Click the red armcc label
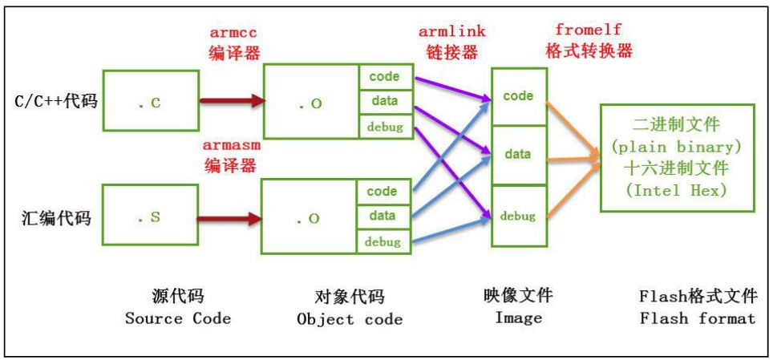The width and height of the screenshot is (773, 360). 233,34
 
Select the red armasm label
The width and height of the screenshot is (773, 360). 233,147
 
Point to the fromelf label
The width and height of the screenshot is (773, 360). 589,30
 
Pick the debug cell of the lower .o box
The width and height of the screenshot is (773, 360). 382,241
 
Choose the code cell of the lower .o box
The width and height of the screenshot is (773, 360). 382,192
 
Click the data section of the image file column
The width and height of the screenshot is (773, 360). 518,154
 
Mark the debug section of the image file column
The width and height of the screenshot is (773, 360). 518,216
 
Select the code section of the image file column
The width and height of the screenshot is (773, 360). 518,96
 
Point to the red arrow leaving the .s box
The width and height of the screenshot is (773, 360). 229,217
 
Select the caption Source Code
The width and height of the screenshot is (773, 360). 177,318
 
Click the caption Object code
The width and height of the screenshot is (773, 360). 350,319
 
